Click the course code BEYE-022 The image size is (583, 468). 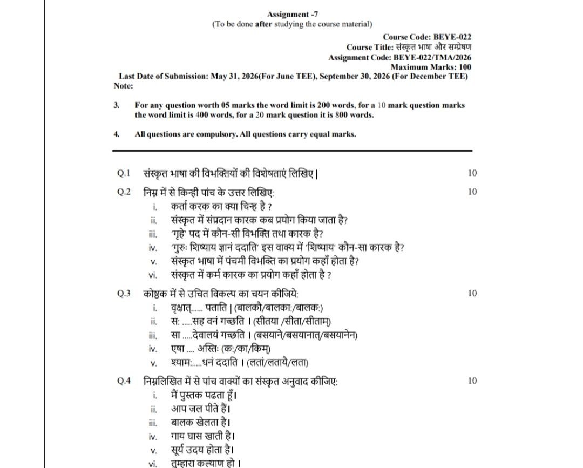tap(452, 37)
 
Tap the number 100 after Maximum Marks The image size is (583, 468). tap(464, 67)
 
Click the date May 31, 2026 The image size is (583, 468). tap(234, 76)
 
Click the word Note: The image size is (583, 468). tap(123, 85)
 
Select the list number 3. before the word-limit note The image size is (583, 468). tap(117, 105)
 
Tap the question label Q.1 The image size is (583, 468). tap(124, 173)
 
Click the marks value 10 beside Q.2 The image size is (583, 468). tap(472, 192)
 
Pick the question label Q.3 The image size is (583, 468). tap(124, 294)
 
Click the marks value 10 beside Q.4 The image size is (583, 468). tap(472, 381)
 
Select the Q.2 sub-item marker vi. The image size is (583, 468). tap(153, 275)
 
